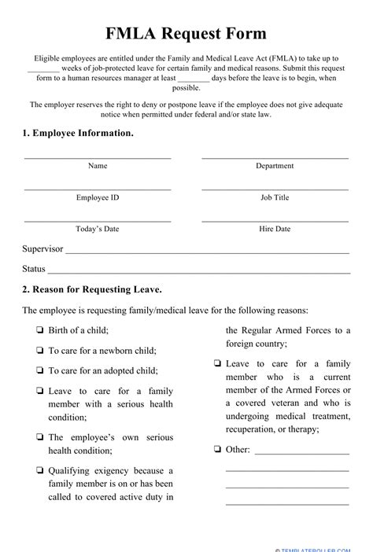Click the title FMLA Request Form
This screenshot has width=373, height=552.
[186, 33]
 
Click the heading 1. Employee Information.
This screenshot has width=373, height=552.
[78, 133]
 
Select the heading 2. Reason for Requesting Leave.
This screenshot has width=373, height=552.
[92, 289]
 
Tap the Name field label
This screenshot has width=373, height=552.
[97, 166]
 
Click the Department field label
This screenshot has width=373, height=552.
[275, 166]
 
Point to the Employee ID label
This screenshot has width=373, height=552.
[97, 197]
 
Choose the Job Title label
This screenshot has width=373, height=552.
[275, 197]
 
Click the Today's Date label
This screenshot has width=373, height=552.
[97, 229]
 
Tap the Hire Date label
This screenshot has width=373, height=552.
[275, 229]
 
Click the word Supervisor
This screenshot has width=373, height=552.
[42, 248]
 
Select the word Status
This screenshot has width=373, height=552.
[34, 269]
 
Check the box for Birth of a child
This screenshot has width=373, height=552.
[39, 330]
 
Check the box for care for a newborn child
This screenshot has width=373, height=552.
[39, 350]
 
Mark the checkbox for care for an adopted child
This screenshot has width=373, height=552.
[39, 370]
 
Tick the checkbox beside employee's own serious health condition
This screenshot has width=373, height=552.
[39, 436]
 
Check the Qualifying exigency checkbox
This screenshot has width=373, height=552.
[39, 470]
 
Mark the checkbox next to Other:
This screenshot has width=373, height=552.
[216, 450]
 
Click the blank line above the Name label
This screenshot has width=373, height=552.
[97, 157]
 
